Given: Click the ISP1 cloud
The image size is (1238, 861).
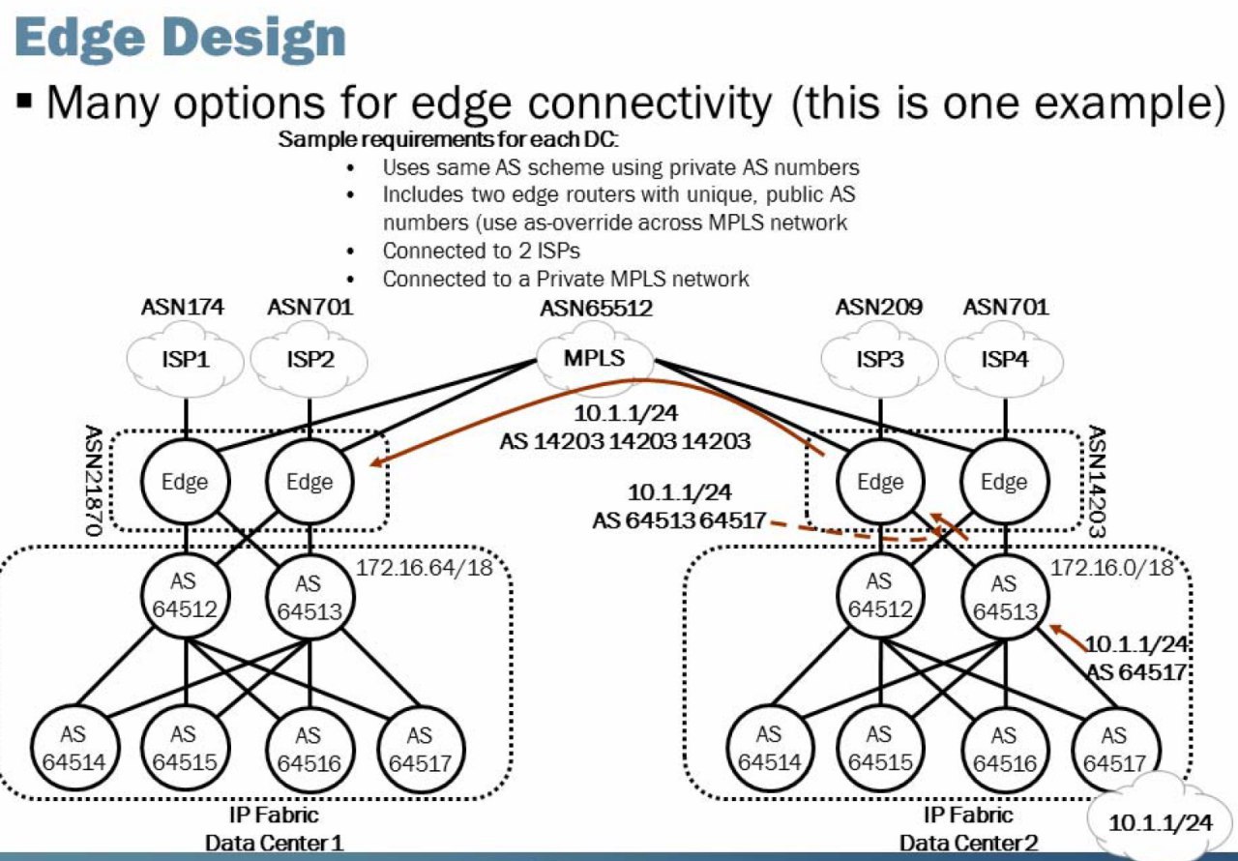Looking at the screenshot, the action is click(x=185, y=360).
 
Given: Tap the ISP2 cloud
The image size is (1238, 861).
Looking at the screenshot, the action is click(x=309, y=360).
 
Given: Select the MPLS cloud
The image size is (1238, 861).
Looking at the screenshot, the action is click(x=595, y=358).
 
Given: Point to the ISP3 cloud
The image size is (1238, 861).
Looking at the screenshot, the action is click(x=880, y=360).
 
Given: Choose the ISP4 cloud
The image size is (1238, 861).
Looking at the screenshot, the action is click(x=1004, y=360).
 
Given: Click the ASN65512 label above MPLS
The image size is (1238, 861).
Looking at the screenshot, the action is click(x=596, y=309).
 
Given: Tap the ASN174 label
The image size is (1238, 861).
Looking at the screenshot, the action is click(x=183, y=307).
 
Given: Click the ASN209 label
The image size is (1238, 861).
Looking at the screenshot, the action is click(x=879, y=307).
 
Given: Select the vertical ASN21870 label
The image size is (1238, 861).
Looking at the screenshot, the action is click(x=93, y=480).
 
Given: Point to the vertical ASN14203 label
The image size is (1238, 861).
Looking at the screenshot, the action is click(x=1097, y=481).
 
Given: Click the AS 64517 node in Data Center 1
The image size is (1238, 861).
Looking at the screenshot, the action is click(x=421, y=750).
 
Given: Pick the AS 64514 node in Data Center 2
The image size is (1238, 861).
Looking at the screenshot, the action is click(x=769, y=749).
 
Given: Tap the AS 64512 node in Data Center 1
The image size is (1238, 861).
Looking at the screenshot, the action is click(x=185, y=596).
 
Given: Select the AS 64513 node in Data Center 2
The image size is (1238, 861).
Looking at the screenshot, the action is click(x=1005, y=597).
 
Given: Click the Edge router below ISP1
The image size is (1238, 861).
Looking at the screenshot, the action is click(x=185, y=482).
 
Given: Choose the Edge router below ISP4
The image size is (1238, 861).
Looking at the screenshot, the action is click(x=1004, y=482).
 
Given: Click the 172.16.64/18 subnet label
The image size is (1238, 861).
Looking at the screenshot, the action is click(x=424, y=568).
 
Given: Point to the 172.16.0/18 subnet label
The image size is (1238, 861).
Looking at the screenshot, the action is click(x=1111, y=568).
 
